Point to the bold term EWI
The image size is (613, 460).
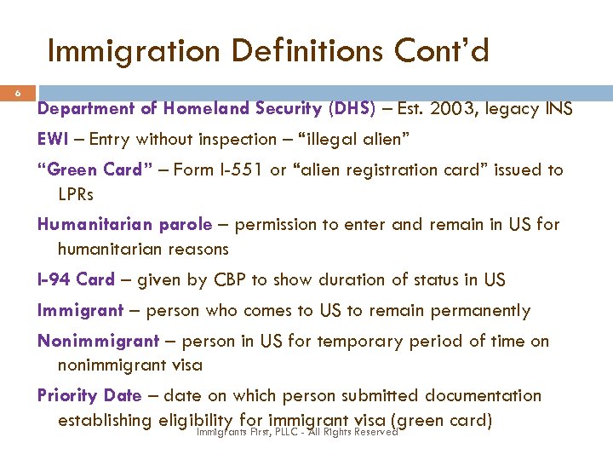(54, 139)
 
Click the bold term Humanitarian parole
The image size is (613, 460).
(124, 225)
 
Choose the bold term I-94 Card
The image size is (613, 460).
(77, 280)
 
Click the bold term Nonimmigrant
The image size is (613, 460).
(98, 341)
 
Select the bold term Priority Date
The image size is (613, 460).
(89, 395)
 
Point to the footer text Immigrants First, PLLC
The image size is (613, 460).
(256, 432)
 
